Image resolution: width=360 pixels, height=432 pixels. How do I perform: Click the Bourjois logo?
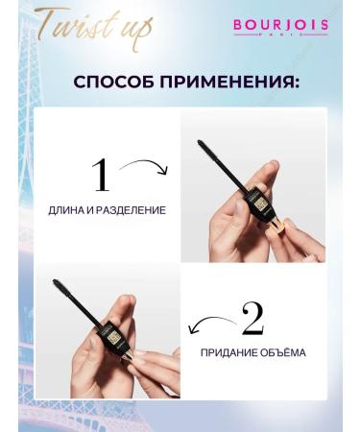[x=281, y=24]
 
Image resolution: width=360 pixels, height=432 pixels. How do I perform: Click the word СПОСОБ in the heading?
[x=114, y=81]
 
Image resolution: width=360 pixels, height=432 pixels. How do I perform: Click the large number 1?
[x=100, y=176]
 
